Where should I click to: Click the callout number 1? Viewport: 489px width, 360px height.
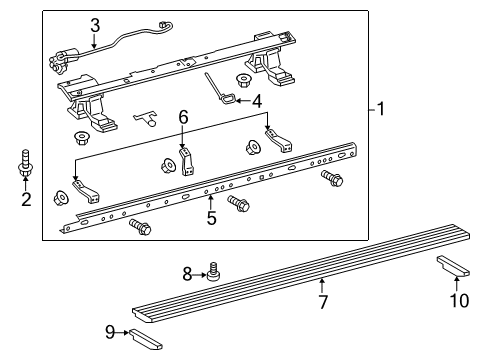[380, 110]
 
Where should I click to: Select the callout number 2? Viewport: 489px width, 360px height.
[25, 200]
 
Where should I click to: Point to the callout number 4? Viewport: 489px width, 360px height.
[257, 101]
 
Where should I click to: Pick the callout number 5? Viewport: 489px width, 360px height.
[211, 217]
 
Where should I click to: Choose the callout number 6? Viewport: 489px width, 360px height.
[183, 117]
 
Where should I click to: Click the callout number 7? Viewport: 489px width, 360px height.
[322, 301]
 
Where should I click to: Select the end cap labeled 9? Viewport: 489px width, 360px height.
[144, 339]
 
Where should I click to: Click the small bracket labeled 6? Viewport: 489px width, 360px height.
[186, 159]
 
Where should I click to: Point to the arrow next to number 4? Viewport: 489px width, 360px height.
[240, 100]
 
